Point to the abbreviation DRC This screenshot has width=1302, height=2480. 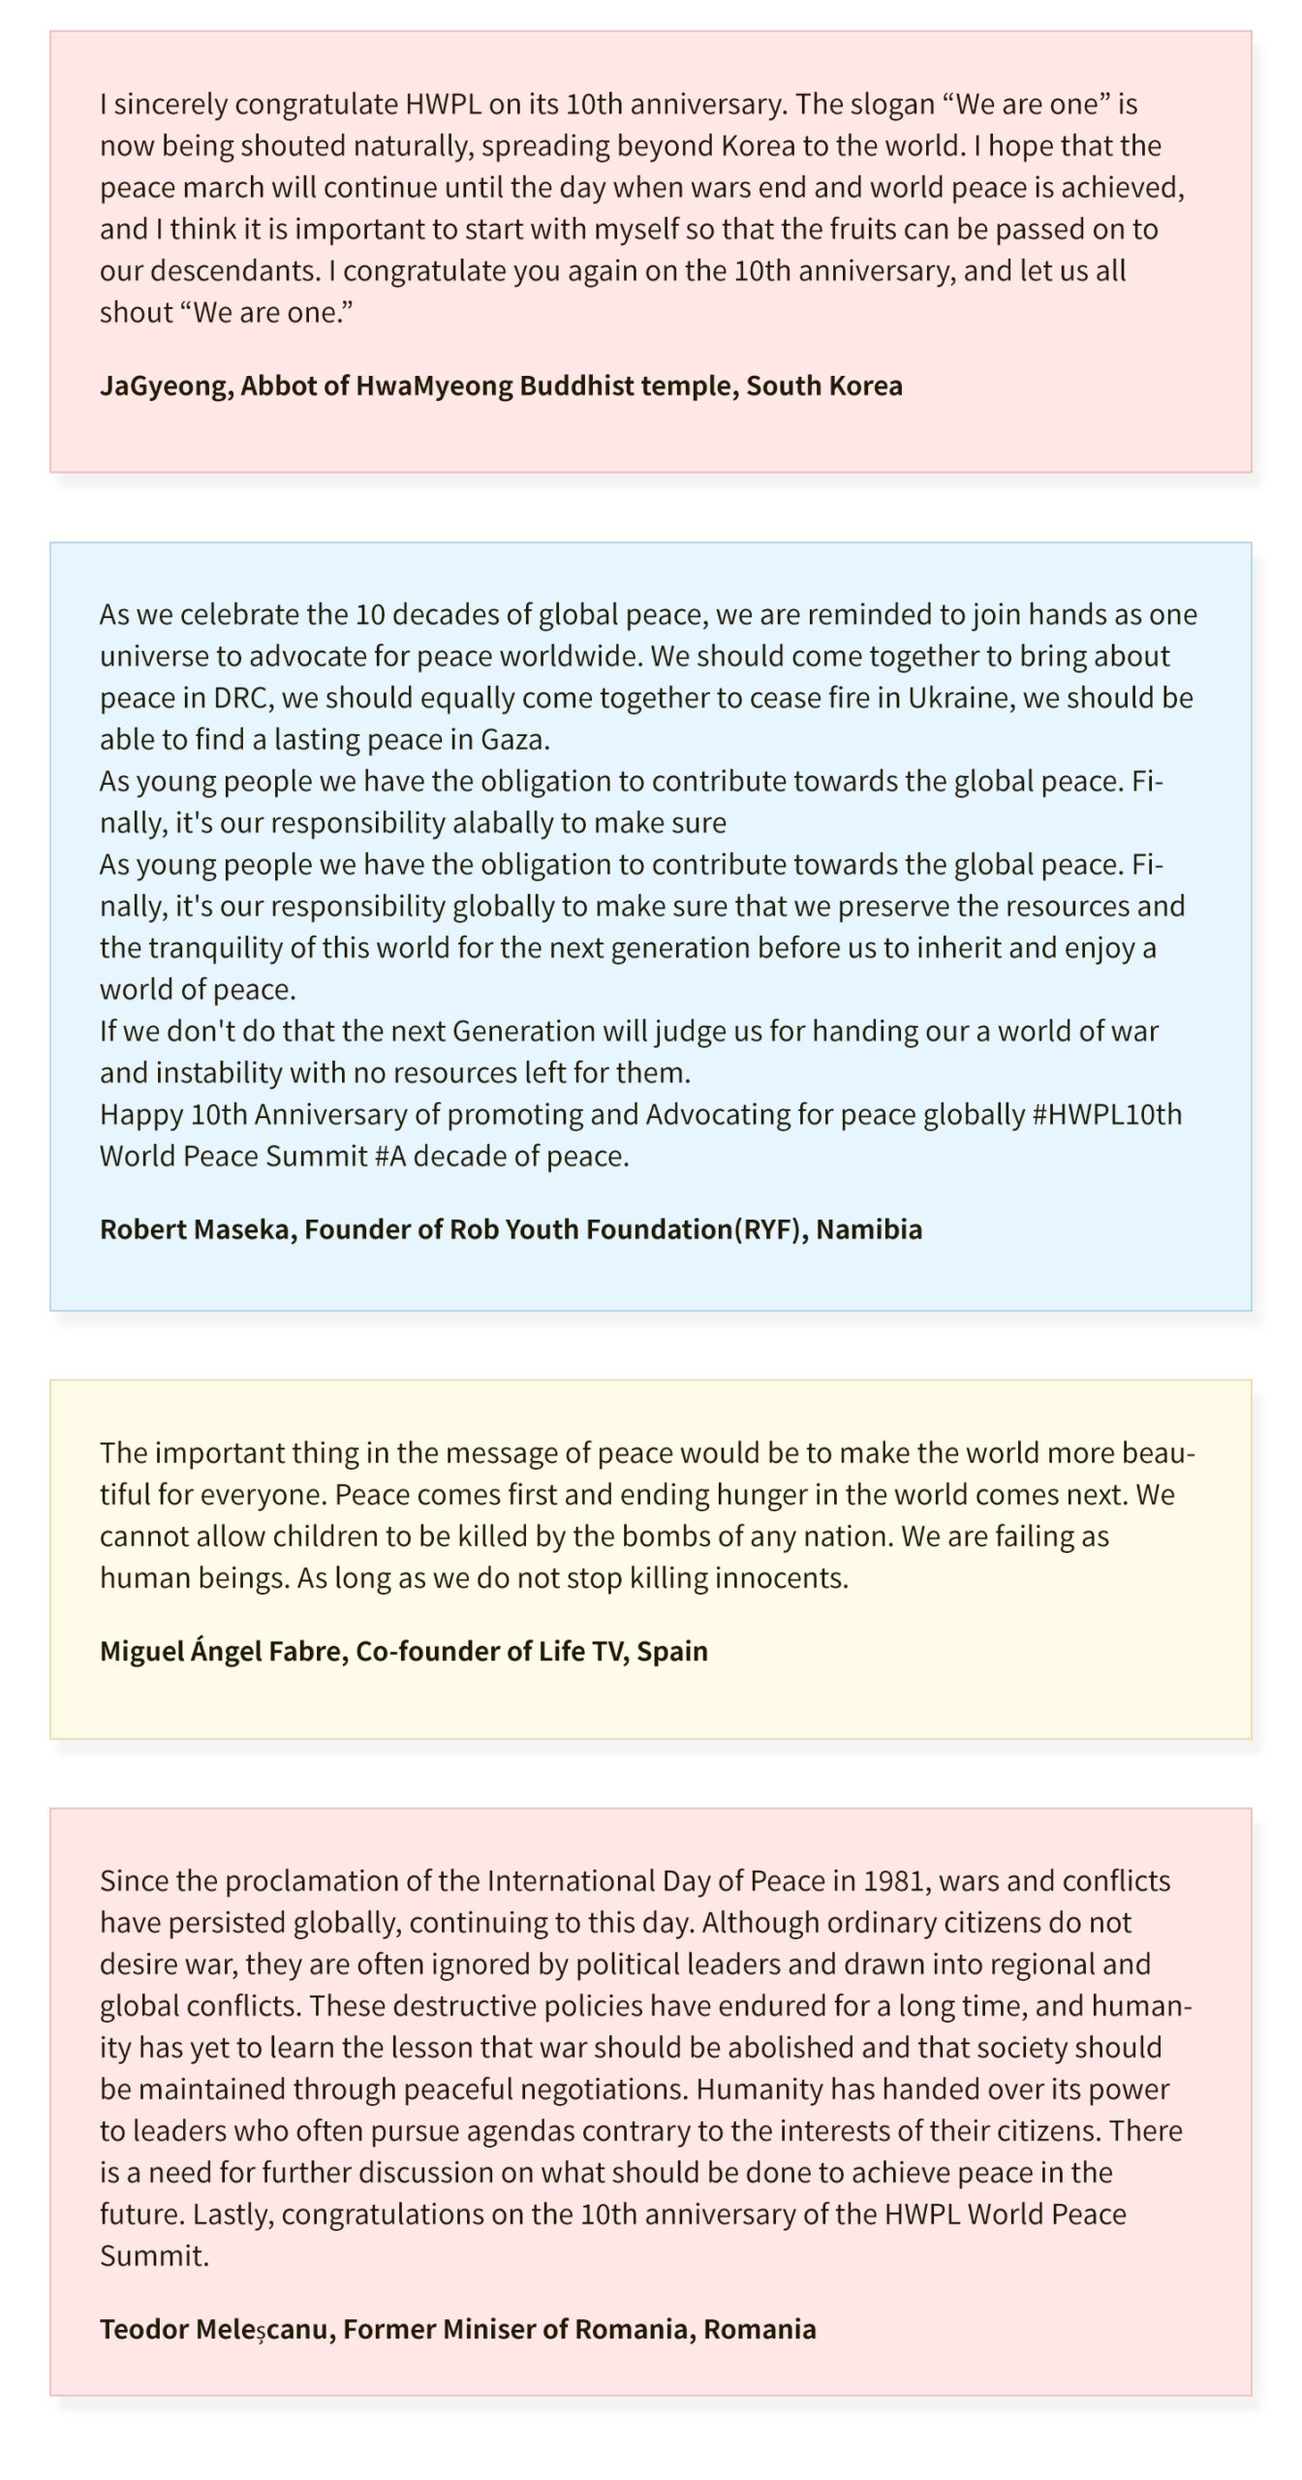238,698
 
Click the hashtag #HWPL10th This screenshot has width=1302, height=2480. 1107,1115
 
